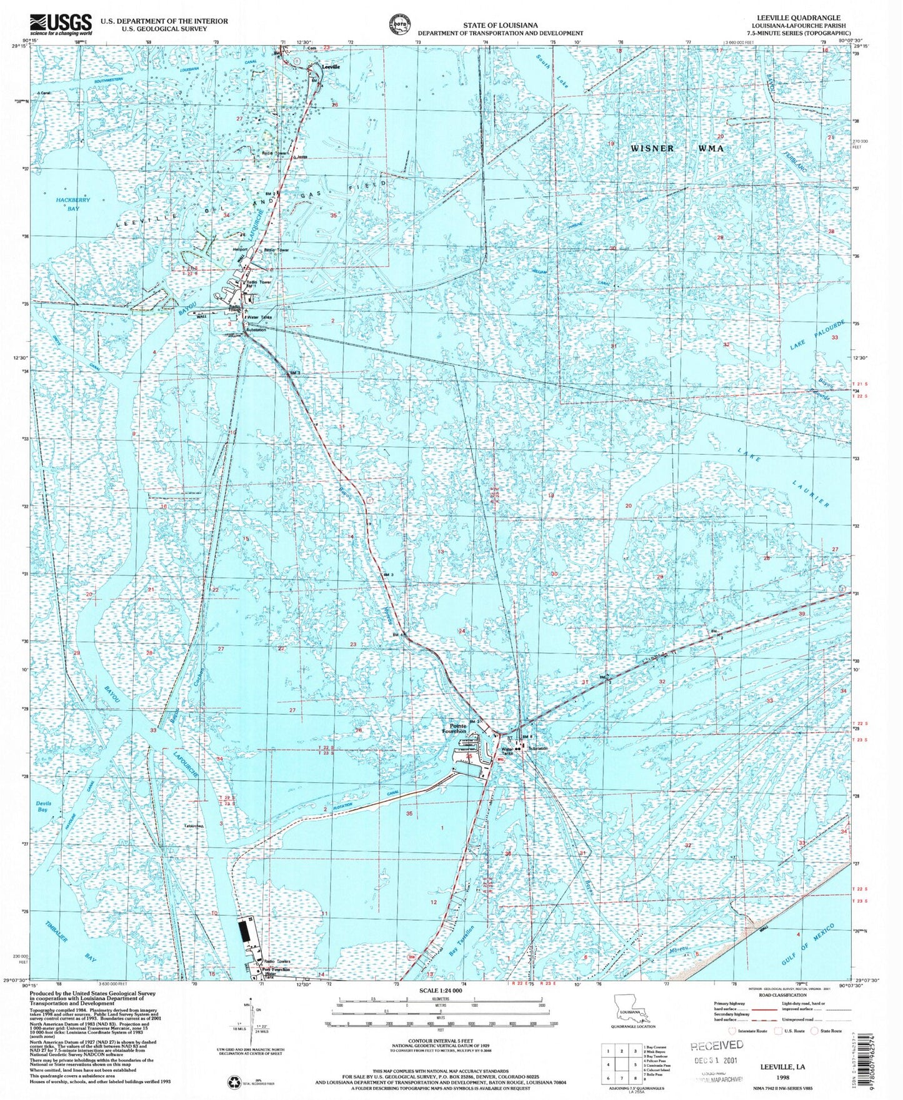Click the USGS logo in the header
(x=61, y=25)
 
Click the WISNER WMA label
(x=677, y=149)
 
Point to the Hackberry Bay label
(x=74, y=204)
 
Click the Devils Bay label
(x=42, y=806)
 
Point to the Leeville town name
(x=331, y=66)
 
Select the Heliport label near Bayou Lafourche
(x=240, y=249)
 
